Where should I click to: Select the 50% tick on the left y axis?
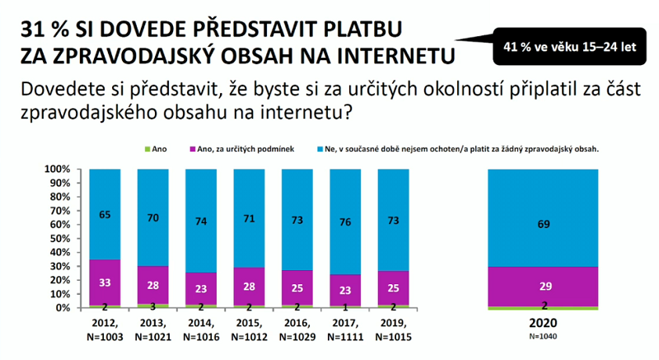[x=58, y=238]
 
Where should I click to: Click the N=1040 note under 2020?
[x=544, y=336]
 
